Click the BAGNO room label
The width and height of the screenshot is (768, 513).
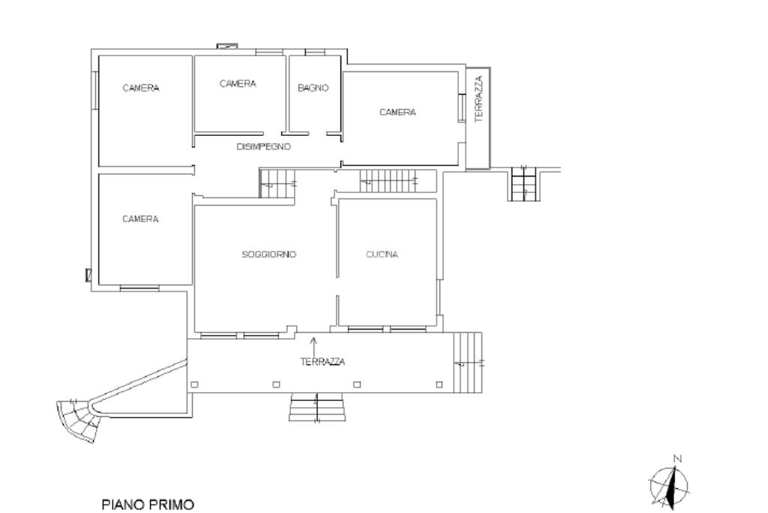(x=313, y=89)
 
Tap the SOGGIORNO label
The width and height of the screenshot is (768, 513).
(x=269, y=254)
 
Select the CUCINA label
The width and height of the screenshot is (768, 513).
(x=382, y=254)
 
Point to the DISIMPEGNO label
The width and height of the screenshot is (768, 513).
(x=263, y=146)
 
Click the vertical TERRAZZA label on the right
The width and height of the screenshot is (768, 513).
(x=479, y=98)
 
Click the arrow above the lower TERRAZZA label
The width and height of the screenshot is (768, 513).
(x=313, y=344)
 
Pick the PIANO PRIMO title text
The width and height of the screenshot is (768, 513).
(x=148, y=505)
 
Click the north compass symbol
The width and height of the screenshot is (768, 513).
(x=669, y=487)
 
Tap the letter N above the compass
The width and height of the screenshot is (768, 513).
(x=678, y=459)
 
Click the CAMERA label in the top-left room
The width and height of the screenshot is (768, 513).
(x=140, y=89)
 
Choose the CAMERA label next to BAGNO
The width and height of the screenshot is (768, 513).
(x=238, y=84)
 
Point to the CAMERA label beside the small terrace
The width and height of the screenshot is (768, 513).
(x=397, y=113)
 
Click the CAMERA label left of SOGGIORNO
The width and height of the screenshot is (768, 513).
(x=140, y=219)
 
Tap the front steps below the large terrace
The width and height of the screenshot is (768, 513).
(x=317, y=407)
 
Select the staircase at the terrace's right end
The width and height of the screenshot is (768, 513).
(x=467, y=363)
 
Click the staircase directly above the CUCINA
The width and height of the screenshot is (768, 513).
(x=397, y=181)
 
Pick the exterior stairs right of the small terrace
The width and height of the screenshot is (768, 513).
(x=523, y=184)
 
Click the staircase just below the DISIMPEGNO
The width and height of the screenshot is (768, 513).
(x=277, y=183)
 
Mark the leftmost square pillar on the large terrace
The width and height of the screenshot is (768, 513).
(x=194, y=385)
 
